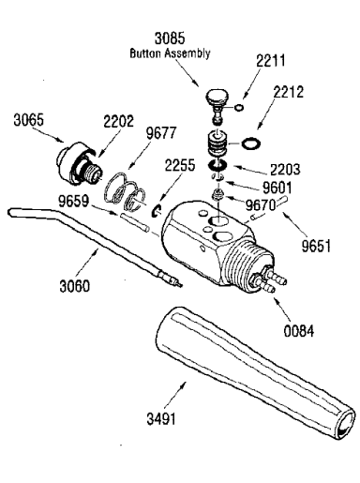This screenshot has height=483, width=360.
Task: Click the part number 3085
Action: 170,38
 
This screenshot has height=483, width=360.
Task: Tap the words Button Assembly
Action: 170,53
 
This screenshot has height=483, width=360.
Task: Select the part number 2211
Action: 271,61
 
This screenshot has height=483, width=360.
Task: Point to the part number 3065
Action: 29,120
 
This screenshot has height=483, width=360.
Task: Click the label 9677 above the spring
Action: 161,133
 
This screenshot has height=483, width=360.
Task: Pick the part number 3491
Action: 161,418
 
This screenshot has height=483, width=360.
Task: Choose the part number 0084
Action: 298,331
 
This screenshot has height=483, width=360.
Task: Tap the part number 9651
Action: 316,246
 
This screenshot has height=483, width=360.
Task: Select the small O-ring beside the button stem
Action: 239,108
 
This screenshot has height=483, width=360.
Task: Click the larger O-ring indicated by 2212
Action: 251,143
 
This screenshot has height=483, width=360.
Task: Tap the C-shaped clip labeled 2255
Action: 156,211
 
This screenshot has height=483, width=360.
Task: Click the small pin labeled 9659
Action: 133,222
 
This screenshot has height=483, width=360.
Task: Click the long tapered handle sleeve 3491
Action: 256,372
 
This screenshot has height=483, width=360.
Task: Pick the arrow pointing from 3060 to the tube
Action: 88,263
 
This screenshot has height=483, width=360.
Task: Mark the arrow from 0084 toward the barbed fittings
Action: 284,309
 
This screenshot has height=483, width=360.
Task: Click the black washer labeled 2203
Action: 217,164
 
